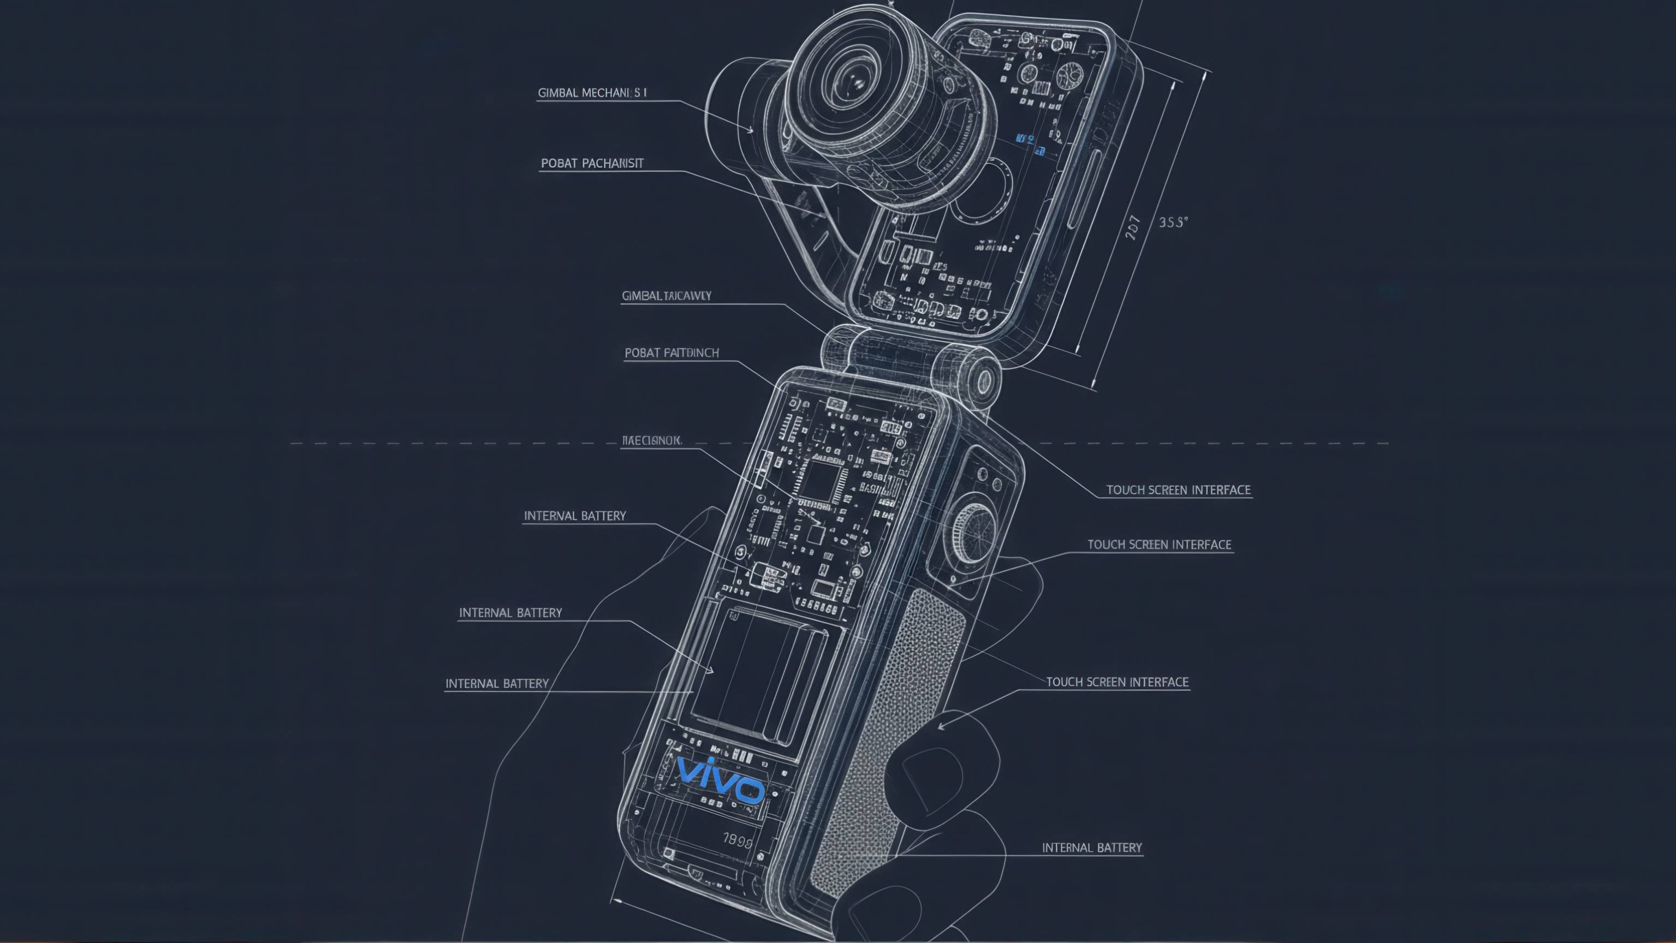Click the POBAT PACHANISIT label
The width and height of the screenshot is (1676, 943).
(x=592, y=163)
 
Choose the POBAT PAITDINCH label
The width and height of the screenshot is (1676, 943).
(x=671, y=353)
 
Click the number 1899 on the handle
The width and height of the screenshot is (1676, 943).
(x=737, y=840)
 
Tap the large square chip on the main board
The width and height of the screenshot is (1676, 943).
(x=821, y=481)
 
